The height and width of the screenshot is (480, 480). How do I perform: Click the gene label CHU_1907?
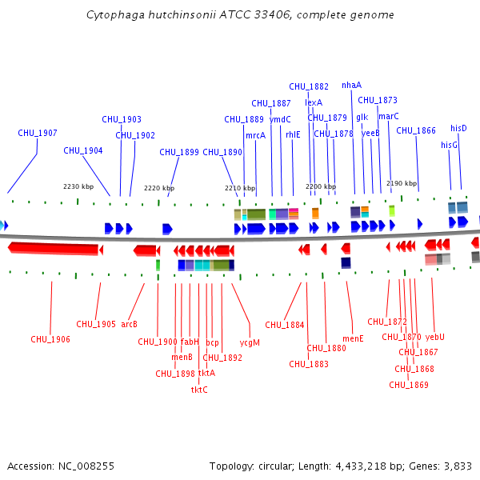pos(38,133)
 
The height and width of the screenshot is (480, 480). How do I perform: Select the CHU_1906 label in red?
pos(50,339)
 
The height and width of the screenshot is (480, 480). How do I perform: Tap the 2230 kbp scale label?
pos(78,186)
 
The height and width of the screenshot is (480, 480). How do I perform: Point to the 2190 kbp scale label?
pos(402,183)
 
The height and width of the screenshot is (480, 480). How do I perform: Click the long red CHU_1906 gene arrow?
pos(53,250)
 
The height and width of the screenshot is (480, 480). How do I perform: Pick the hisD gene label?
pos(458,128)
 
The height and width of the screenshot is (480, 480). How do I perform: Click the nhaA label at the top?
pos(351,85)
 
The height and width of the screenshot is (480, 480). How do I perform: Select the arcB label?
pos(130,324)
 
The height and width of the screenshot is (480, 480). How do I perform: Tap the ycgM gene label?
pos(250,342)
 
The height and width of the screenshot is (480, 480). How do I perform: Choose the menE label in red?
pos(353,338)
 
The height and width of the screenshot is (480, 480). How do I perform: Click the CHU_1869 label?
pos(409,385)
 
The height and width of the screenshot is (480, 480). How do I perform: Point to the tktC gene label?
pos(199,390)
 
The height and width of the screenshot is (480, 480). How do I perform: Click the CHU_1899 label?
pos(179,151)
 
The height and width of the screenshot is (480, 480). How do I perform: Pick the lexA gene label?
pos(314,102)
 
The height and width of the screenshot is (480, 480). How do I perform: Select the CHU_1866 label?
pos(416,130)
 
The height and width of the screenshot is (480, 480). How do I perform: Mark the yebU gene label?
pos(435,337)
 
